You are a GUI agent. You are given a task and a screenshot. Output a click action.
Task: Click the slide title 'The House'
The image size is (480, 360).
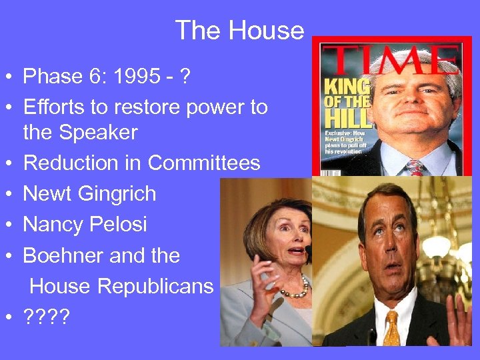click(x=239, y=31)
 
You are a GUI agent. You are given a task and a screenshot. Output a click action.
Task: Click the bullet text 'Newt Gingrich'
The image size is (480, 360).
click(x=89, y=194)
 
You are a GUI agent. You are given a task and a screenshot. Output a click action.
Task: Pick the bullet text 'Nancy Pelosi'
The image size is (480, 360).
click(x=85, y=224)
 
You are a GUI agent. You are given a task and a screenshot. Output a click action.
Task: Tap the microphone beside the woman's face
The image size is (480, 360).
click(x=308, y=253)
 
